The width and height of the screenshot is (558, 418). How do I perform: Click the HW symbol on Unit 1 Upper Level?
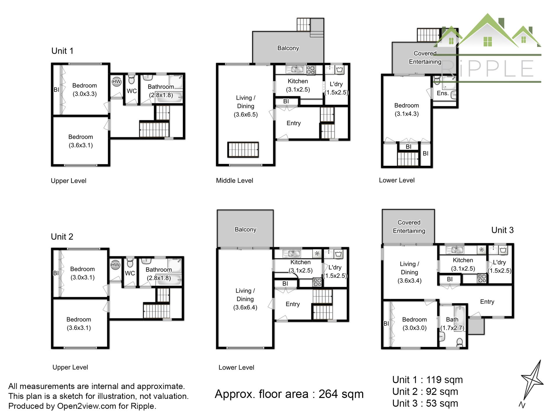click(x=116, y=82)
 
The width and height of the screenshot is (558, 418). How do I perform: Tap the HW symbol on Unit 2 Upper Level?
click(x=115, y=265)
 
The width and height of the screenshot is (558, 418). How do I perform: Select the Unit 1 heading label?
click(x=62, y=51)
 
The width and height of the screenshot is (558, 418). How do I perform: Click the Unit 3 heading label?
click(x=502, y=230)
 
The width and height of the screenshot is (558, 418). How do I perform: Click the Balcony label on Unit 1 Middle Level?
click(x=288, y=48)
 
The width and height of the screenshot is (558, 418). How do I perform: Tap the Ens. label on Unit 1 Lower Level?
click(x=443, y=93)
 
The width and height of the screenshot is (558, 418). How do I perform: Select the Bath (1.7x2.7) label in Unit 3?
click(x=452, y=324)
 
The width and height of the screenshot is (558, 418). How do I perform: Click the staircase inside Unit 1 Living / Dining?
click(x=243, y=150)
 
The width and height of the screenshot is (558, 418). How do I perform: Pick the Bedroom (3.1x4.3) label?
click(x=407, y=110)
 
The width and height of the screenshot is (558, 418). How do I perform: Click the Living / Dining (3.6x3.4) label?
click(x=409, y=272)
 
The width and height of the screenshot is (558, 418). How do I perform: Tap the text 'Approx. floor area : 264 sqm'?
click(x=289, y=394)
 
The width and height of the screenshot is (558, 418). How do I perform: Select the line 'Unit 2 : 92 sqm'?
click(x=425, y=392)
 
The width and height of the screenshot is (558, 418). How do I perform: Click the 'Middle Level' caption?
click(x=235, y=181)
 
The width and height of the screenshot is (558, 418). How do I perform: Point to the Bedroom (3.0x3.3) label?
click(x=85, y=90)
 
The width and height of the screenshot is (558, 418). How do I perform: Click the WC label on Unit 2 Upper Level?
click(x=130, y=273)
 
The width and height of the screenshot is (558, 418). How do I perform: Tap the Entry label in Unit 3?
click(x=487, y=302)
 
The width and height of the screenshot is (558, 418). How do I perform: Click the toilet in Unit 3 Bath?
click(x=459, y=342)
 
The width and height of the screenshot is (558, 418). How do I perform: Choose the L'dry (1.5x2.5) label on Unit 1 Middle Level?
click(x=336, y=88)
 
